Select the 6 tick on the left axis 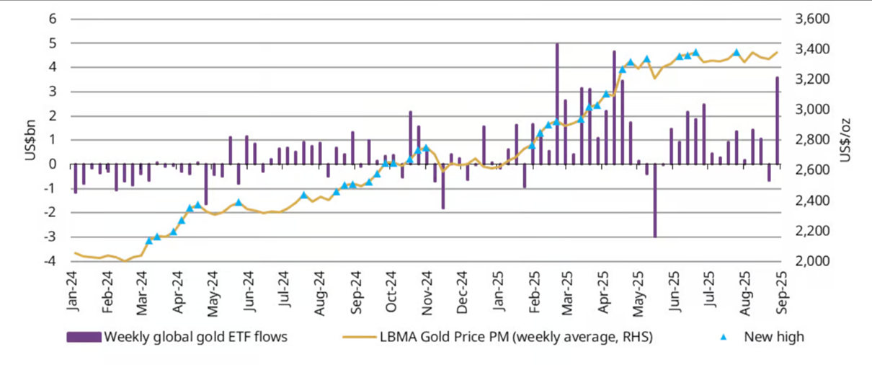tap(53, 19)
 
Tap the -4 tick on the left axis tap(50, 261)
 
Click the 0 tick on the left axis tap(53, 164)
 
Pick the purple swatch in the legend tap(84, 337)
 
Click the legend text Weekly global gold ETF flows tap(196, 337)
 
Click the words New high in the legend tap(774, 337)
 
